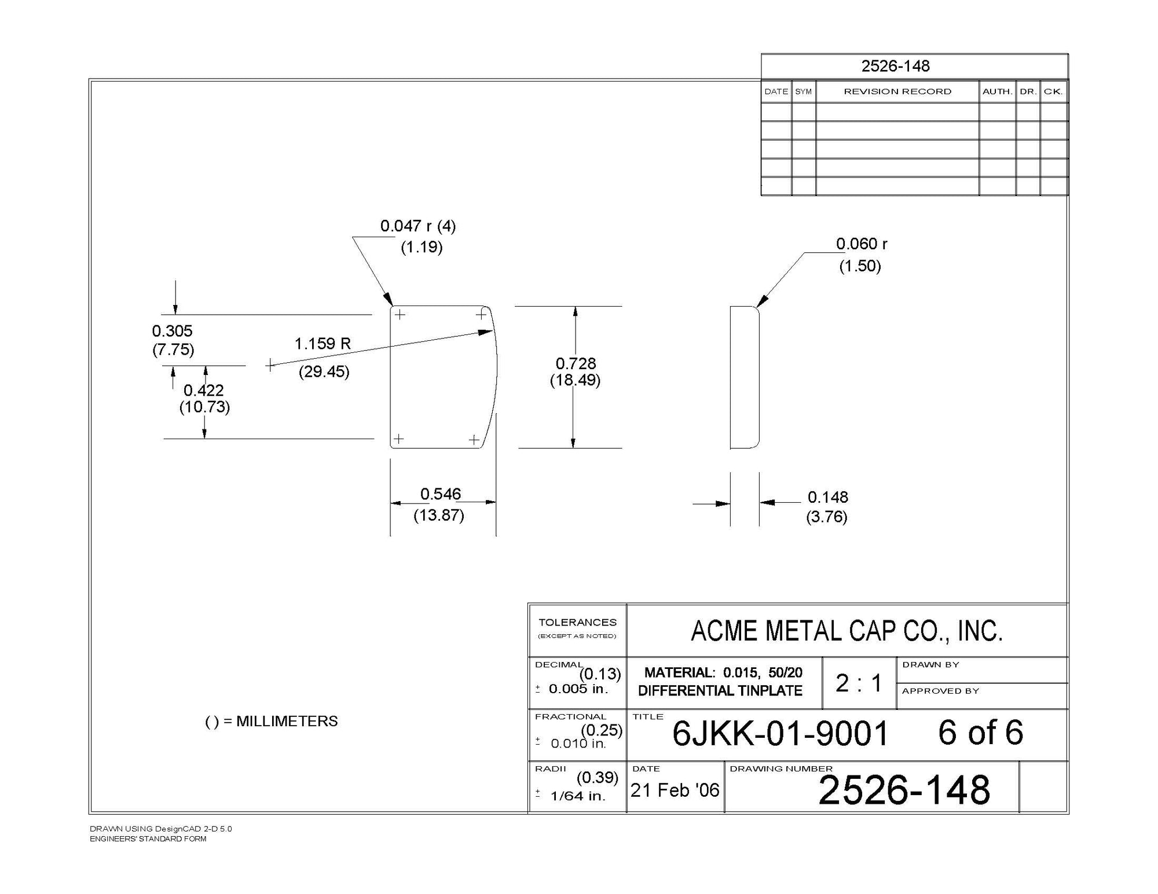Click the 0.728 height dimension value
[576, 363]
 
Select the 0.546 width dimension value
[441, 494]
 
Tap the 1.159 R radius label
[323, 344]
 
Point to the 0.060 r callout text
[862, 244]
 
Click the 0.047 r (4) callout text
[418, 226]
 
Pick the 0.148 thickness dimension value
[827, 497]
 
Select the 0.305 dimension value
[172, 331]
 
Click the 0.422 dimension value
[203, 390]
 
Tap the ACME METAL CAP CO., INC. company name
[846, 631]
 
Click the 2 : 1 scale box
[859, 683]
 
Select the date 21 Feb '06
[675, 790]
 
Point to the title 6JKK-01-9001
[780, 734]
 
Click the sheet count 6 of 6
[980, 733]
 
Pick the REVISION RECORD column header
[897, 91]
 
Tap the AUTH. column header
[996, 91]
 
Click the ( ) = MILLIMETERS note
[272, 722]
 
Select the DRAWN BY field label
[930, 665]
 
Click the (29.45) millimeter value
[324, 371]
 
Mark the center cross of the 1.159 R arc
[270, 365]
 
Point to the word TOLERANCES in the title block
[577, 623]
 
